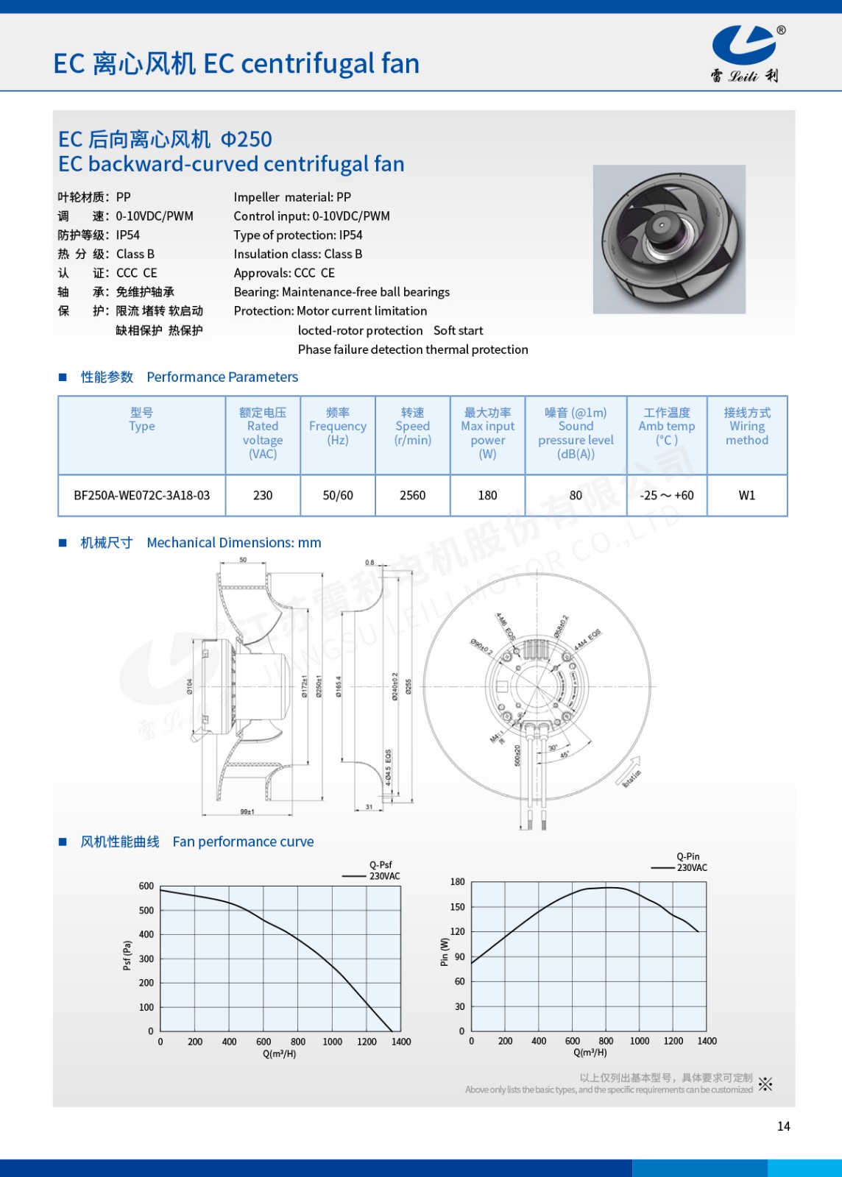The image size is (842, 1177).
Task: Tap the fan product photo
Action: [x=669, y=239]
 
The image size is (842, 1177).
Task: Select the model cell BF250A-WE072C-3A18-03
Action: [x=141, y=496]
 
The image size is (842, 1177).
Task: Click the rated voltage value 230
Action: [x=263, y=496]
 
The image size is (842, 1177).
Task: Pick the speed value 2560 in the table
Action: [x=412, y=496]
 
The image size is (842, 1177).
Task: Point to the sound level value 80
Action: [x=576, y=496]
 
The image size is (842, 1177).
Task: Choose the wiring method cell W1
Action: [x=746, y=496]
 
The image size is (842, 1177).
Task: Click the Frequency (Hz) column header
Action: [x=338, y=427]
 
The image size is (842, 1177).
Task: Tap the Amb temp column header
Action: [x=666, y=427]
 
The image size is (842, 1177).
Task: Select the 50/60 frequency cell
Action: [x=338, y=496]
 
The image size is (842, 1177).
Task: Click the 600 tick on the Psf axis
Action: [x=146, y=886]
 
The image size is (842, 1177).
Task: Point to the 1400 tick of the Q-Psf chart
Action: [x=401, y=1042]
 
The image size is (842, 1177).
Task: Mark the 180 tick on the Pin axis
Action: [x=458, y=882]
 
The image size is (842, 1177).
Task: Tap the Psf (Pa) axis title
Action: [x=127, y=955]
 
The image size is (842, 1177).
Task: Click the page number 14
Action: [x=783, y=1126]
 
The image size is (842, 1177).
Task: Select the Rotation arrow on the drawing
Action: [x=631, y=772]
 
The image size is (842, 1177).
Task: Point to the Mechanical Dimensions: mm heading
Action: [x=233, y=543]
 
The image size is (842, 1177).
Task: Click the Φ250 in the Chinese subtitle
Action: [x=247, y=139]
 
